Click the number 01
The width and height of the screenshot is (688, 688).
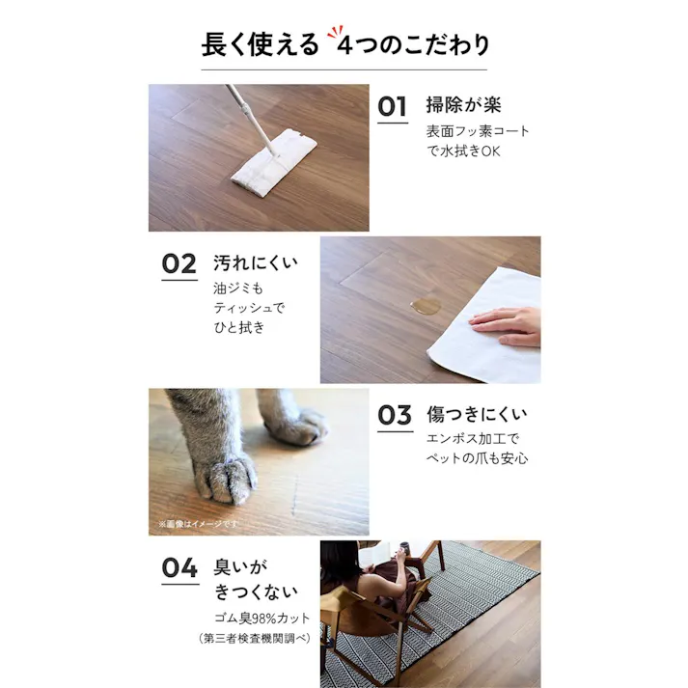pyautogui.click(x=392, y=107)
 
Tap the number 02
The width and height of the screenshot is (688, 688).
pyautogui.click(x=179, y=263)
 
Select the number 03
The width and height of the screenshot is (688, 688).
pyautogui.click(x=394, y=416)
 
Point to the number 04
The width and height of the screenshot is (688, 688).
pyautogui.click(x=179, y=568)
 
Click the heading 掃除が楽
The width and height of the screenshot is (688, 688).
pyautogui.click(x=463, y=106)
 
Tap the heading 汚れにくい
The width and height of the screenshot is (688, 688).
pyautogui.click(x=256, y=262)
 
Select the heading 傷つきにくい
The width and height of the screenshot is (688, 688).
pyautogui.click(x=477, y=416)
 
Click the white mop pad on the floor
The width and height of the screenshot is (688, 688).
pyautogui.click(x=273, y=162)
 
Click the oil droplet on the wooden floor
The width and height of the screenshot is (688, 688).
pyautogui.click(x=424, y=307)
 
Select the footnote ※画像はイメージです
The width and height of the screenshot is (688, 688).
pyautogui.click(x=199, y=524)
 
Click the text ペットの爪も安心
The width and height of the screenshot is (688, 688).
pyautogui.click(x=477, y=458)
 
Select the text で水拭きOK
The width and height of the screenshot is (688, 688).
pyautogui.click(x=465, y=151)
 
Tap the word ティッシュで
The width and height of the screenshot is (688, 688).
pyautogui.click(x=250, y=308)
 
